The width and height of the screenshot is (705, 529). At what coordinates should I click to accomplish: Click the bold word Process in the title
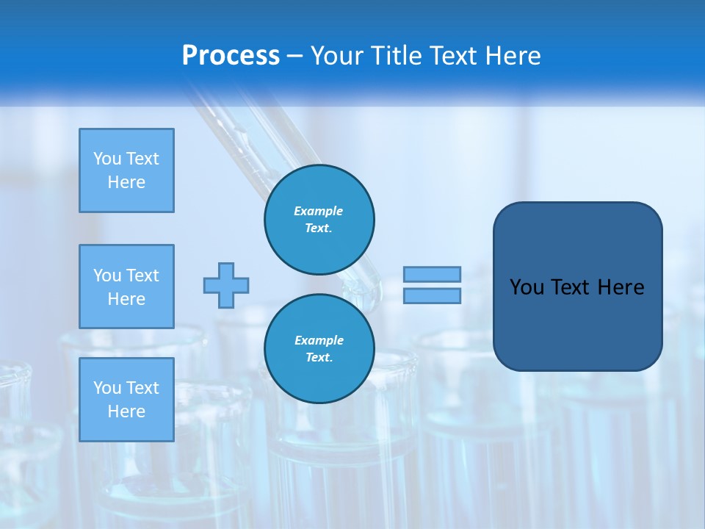point(231,56)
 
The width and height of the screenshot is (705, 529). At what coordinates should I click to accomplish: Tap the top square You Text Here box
point(126,170)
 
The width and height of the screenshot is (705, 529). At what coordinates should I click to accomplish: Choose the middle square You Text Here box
point(126,287)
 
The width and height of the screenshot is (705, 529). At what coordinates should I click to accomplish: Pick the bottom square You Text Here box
point(126,399)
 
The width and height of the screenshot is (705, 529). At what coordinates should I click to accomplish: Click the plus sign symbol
point(226,285)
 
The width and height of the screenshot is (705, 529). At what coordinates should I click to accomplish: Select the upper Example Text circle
point(319,220)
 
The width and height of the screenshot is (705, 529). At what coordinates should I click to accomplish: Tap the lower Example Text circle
point(319,349)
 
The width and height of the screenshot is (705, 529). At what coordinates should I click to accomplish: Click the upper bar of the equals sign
point(432,274)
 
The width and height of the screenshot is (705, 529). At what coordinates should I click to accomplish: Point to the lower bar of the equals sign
point(432,295)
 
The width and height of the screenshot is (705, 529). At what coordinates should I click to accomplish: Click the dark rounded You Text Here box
point(577,287)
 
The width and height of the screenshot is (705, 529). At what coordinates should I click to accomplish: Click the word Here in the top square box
point(126,182)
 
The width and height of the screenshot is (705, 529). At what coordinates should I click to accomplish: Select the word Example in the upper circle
point(319,211)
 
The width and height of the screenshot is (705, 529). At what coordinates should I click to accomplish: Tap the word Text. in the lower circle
point(319,358)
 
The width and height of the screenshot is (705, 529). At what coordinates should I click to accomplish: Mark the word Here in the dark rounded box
point(621,287)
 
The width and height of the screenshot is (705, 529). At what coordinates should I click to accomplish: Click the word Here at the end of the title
point(514,56)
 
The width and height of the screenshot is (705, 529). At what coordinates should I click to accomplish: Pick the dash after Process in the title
point(294,56)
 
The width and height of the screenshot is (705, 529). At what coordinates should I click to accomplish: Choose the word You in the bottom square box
point(107,387)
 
